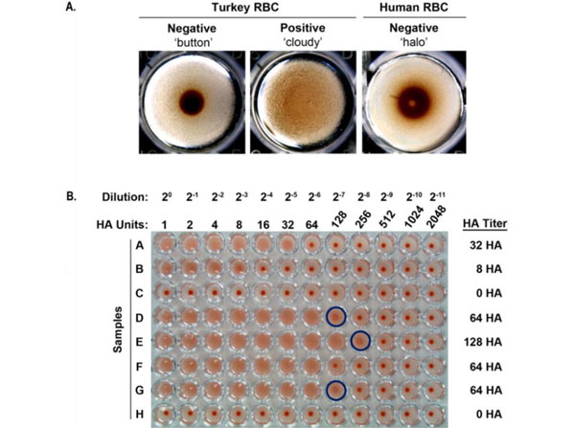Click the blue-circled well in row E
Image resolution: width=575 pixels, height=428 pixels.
[360, 340]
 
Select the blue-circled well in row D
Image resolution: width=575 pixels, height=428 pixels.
[336, 316]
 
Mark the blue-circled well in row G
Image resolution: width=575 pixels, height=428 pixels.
[336, 389]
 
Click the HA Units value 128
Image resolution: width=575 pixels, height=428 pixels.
[336, 223]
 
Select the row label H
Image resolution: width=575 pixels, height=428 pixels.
[137, 413]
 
